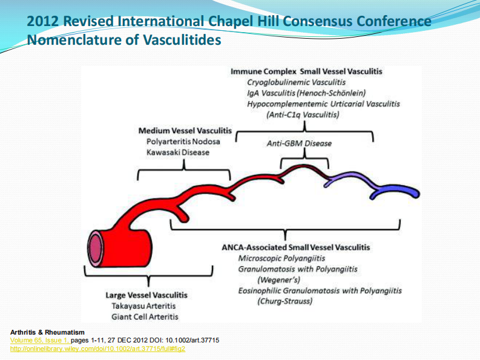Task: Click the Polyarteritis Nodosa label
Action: point(183,141)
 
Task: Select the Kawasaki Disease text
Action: point(178,152)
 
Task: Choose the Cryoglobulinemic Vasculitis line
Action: point(296,82)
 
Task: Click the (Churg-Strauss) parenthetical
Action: point(286,301)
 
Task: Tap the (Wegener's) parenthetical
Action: point(278,280)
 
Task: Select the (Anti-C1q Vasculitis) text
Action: point(303,114)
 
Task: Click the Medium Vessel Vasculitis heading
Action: point(185,130)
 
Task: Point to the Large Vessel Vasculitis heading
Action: point(146,295)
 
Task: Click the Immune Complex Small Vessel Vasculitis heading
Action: point(306,71)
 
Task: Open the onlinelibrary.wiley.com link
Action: point(98,349)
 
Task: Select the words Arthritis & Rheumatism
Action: point(48,332)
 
